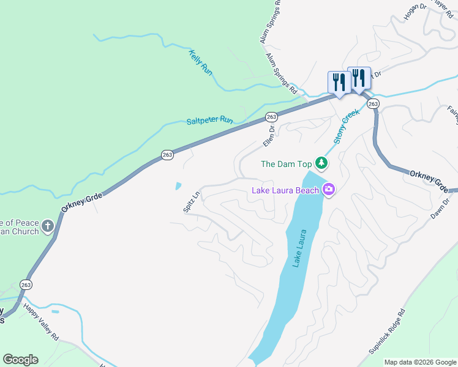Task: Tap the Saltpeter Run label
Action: (210, 121)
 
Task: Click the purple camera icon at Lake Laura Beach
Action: (329, 190)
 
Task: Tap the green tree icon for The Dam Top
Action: (321, 163)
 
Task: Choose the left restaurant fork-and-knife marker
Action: (338, 81)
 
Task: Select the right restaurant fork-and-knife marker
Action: (359, 77)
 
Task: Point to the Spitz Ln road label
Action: (191, 202)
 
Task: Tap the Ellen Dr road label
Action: (269, 135)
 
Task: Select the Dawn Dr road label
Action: (443, 209)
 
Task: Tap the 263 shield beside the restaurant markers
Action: (374, 105)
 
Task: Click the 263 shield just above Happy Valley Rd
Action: (26, 284)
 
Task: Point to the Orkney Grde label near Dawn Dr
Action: (432, 180)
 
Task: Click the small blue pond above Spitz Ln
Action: (178, 185)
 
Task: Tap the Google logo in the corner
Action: (20, 360)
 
